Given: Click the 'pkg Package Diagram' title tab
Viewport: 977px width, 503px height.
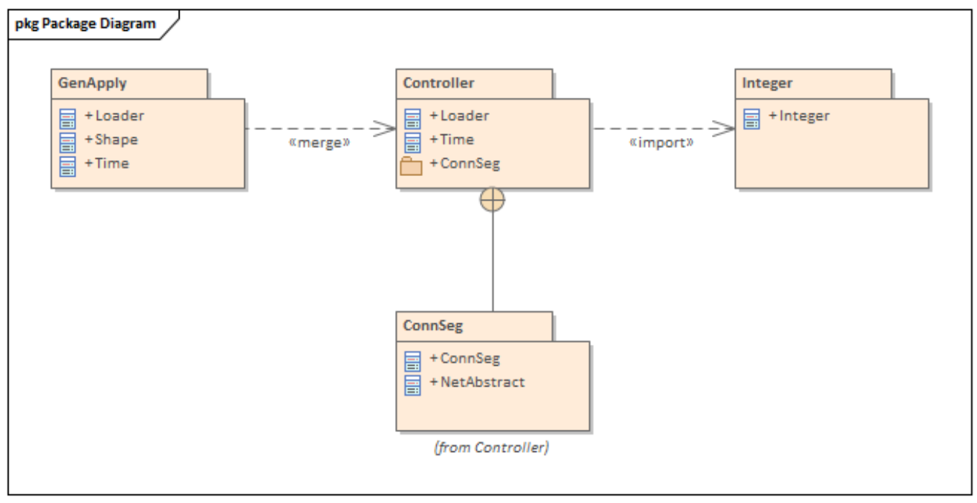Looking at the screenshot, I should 85,24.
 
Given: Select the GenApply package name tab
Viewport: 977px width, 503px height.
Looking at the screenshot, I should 91,83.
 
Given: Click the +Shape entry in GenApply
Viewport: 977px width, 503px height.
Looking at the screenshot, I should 111,139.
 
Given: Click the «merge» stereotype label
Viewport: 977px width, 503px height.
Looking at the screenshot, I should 319,142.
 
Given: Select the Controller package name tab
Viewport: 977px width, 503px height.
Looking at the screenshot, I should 438,83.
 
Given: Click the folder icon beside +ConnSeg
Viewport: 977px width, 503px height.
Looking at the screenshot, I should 411,165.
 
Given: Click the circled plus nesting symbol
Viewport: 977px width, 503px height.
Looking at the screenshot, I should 492,200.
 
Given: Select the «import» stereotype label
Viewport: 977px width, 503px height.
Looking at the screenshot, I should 661,142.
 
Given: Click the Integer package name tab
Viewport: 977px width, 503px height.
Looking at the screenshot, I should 767,83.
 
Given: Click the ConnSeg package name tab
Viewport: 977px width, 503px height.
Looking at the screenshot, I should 433,326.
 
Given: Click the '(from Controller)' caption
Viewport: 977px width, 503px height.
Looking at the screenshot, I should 492,448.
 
